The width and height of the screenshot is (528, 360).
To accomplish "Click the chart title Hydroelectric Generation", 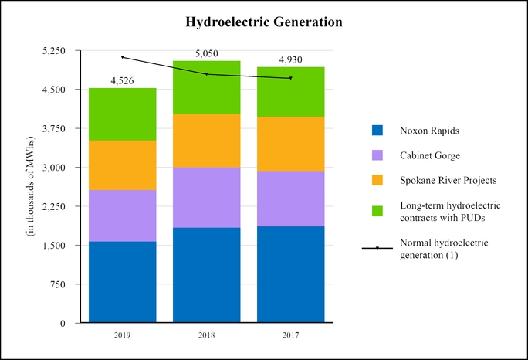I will pos(264,22).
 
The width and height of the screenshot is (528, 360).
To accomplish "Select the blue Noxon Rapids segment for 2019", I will pos(122,281).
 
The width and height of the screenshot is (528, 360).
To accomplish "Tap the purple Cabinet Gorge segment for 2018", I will pos(206,197).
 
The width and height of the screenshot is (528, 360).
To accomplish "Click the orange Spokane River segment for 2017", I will pos(290,144).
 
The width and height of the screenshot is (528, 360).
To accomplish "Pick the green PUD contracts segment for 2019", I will pos(122,114).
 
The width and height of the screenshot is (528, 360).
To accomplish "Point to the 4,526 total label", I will pos(122,80).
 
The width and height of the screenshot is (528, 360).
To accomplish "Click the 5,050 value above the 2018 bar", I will pos(206,53).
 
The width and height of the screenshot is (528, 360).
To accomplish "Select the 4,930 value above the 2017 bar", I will pos(290,59).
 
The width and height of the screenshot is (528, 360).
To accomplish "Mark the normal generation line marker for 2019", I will pos(122,56).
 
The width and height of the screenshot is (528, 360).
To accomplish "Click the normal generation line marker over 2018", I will pos(206,74).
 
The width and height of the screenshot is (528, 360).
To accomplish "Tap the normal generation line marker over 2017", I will pos(290,78).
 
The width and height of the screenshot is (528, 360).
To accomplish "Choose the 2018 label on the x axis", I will pos(206,335).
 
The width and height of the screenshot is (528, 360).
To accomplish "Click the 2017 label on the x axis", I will pos(290,335).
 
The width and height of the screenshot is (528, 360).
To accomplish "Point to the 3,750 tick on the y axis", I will pos(55,128).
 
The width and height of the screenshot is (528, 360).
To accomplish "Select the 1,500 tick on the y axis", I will pos(55,246).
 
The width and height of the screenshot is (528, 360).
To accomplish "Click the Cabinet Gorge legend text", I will pos(430,155).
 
